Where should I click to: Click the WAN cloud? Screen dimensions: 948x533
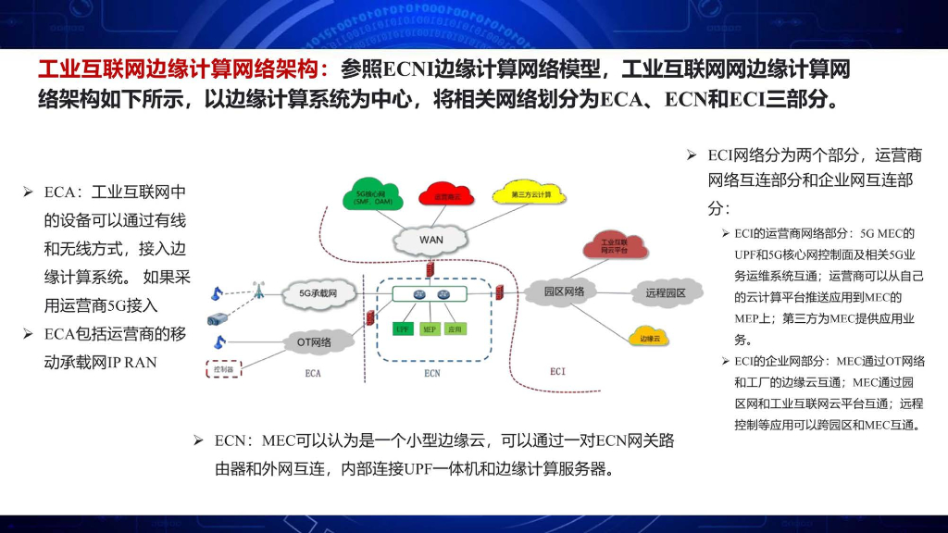coord(431,240)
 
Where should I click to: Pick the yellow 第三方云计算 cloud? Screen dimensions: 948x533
coord(531,194)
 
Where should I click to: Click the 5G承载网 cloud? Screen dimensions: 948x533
coord(317,293)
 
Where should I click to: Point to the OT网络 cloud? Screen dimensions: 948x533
coord(315,342)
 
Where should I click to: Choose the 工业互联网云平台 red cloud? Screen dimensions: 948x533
coord(608,246)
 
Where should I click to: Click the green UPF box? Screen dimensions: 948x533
coord(403,328)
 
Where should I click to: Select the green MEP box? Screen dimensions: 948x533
coord(430,328)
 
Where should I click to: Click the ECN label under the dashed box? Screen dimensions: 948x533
coord(431,373)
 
